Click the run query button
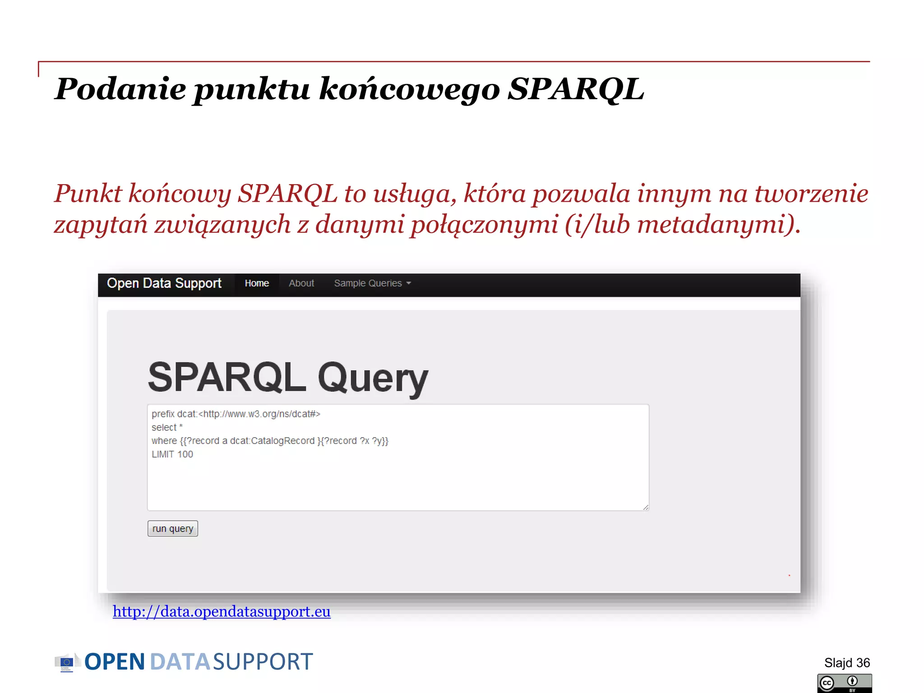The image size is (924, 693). (172, 528)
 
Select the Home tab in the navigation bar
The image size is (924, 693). (257, 283)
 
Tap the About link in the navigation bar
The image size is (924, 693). (301, 283)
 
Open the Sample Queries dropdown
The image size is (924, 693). (372, 283)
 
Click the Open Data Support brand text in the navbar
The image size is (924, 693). (164, 283)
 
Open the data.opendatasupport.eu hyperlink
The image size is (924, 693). (222, 611)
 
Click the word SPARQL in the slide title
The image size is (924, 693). (576, 89)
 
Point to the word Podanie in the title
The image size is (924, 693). (120, 89)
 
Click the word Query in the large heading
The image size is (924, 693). (373, 378)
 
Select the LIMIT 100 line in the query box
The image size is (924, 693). (172, 454)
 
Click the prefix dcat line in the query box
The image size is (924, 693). (236, 414)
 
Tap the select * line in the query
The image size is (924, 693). (167, 427)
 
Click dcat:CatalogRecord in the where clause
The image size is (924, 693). (272, 441)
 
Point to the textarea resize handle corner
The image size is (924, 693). (646, 507)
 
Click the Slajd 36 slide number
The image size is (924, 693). (847, 663)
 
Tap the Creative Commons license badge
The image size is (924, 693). (844, 683)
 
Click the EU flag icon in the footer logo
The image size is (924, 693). (66, 662)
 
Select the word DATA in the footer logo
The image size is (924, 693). (180, 662)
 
